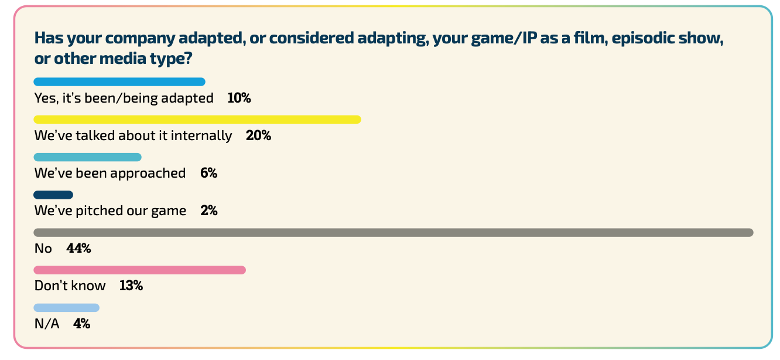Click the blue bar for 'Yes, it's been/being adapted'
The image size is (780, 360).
pos(119,82)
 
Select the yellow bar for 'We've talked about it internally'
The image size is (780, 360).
pos(197,120)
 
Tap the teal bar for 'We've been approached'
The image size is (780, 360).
pos(88,157)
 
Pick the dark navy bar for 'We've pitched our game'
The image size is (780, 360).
pos(53,195)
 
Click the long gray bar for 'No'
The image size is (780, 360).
pos(394,233)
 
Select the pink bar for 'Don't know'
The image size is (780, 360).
pos(139,270)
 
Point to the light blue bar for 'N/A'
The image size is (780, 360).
pos(67,308)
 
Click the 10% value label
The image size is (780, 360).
pos(239,99)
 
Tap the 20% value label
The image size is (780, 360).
pos(258,136)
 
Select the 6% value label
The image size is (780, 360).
pos(208,174)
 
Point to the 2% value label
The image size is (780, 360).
pos(208,211)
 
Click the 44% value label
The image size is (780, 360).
pos(78,249)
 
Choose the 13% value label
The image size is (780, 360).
pos(131,286)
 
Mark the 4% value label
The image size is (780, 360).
pos(81,324)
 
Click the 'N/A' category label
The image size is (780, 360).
pos(47,324)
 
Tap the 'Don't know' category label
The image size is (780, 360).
pos(70,286)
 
